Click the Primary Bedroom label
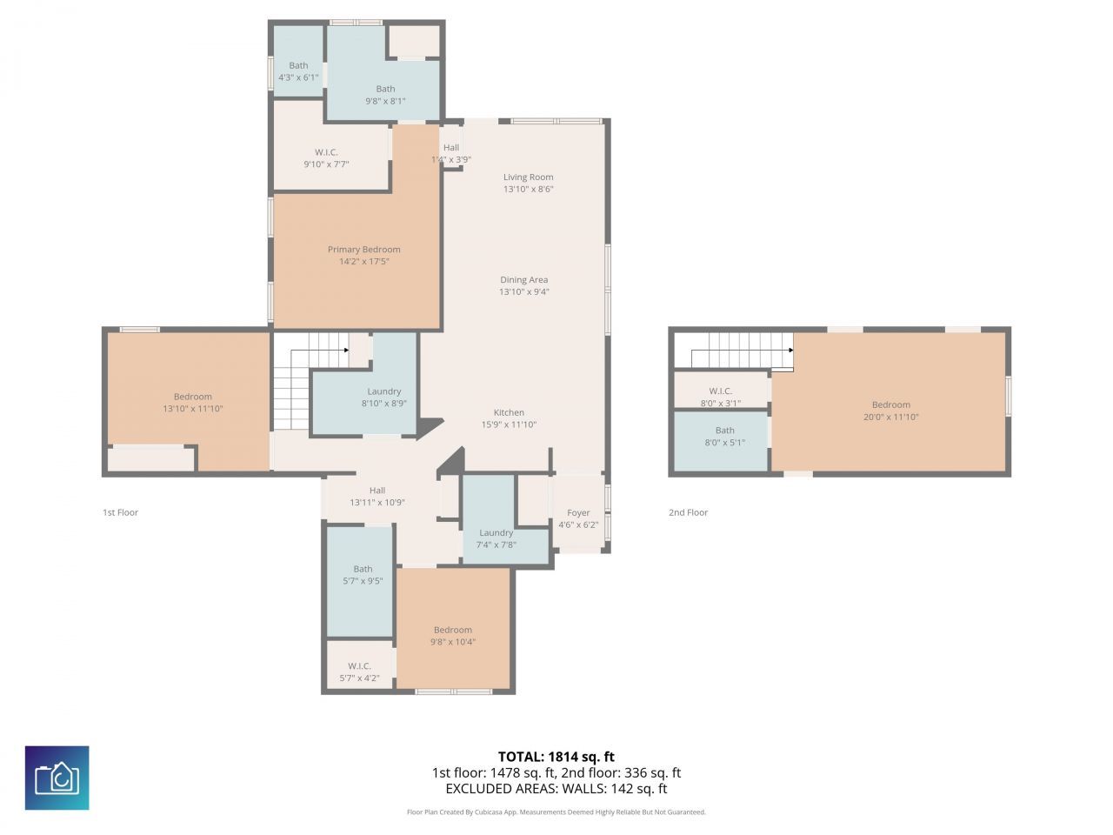[x=363, y=250]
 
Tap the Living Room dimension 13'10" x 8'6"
[x=528, y=189]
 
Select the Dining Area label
[x=523, y=280]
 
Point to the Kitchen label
[x=509, y=412]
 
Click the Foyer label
[x=578, y=512]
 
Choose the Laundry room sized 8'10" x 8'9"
[x=383, y=397]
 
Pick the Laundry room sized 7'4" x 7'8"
[x=496, y=538]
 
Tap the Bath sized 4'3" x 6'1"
[x=298, y=71]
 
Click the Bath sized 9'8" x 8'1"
[x=385, y=94]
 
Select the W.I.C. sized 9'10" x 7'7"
[x=326, y=157]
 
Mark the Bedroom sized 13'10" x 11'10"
[x=192, y=402]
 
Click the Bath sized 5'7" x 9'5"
[x=363, y=574]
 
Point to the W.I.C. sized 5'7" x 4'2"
[x=359, y=671]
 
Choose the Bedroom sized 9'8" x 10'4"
[x=452, y=636]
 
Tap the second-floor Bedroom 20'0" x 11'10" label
[x=890, y=404]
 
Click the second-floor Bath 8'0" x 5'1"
[x=724, y=436]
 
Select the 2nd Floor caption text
[x=688, y=512]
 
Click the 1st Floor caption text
[x=120, y=512]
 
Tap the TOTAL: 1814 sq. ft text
[x=556, y=757]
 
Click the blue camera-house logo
[x=57, y=778]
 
